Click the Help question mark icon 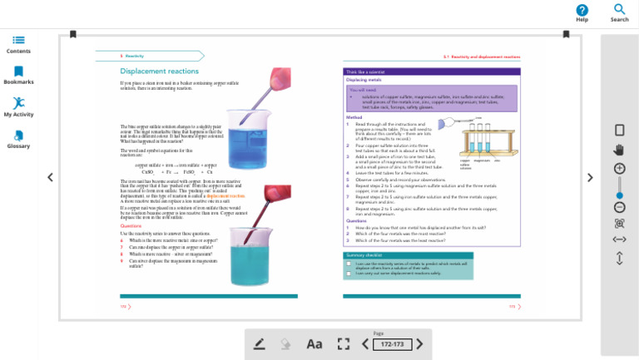coord(582,10)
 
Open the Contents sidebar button coord(18,40)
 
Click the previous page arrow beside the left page coord(50,177)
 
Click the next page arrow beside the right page coord(590,177)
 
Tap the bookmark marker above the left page coord(73,34)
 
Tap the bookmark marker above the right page coord(567,34)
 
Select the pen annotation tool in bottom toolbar coord(260,343)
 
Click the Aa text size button coord(314,343)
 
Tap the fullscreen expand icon coord(343,343)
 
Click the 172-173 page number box coord(391,344)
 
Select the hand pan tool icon coord(619,150)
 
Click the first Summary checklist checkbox coord(349,263)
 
